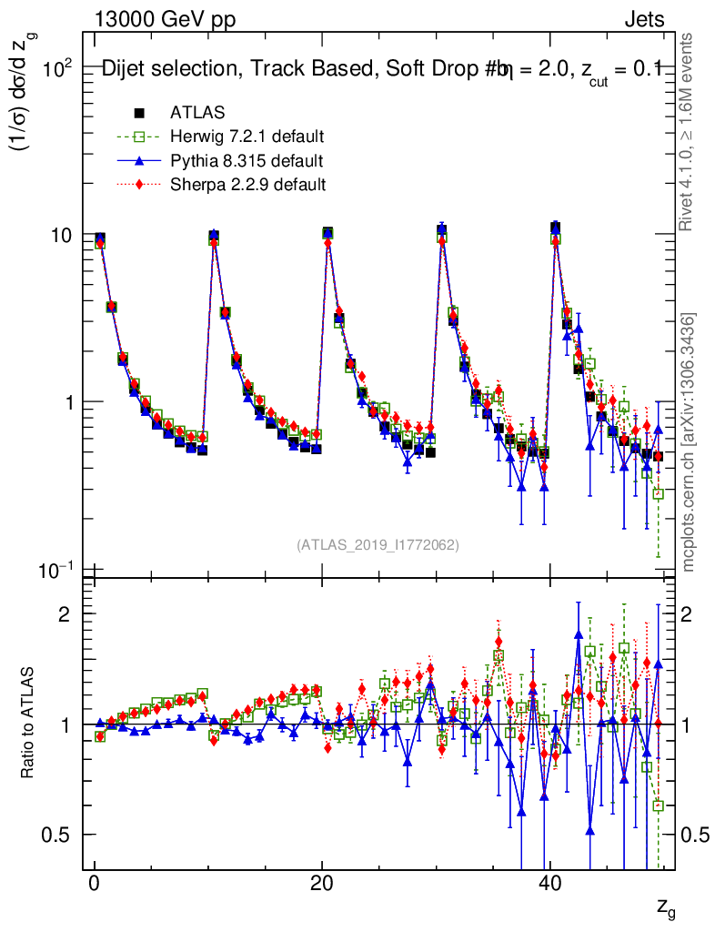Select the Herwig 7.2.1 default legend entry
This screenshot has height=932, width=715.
pyautogui.click(x=247, y=137)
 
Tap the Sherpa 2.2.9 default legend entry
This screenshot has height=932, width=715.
pyautogui.click(x=247, y=185)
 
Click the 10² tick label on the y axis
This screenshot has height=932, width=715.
pyautogui.click(x=63, y=68)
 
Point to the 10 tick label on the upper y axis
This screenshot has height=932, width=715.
pyautogui.click(x=65, y=235)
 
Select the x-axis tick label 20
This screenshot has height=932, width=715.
pyautogui.click(x=321, y=884)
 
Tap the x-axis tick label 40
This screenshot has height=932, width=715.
pyautogui.click(x=549, y=884)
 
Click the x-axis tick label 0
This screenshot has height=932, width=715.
pyautogui.click(x=95, y=884)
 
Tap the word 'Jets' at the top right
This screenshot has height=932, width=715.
pyautogui.click(x=644, y=19)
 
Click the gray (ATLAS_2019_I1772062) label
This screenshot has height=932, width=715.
pyautogui.click(x=378, y=545)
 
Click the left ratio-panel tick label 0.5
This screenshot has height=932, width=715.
pyautogui.click(x=63, y=835)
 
